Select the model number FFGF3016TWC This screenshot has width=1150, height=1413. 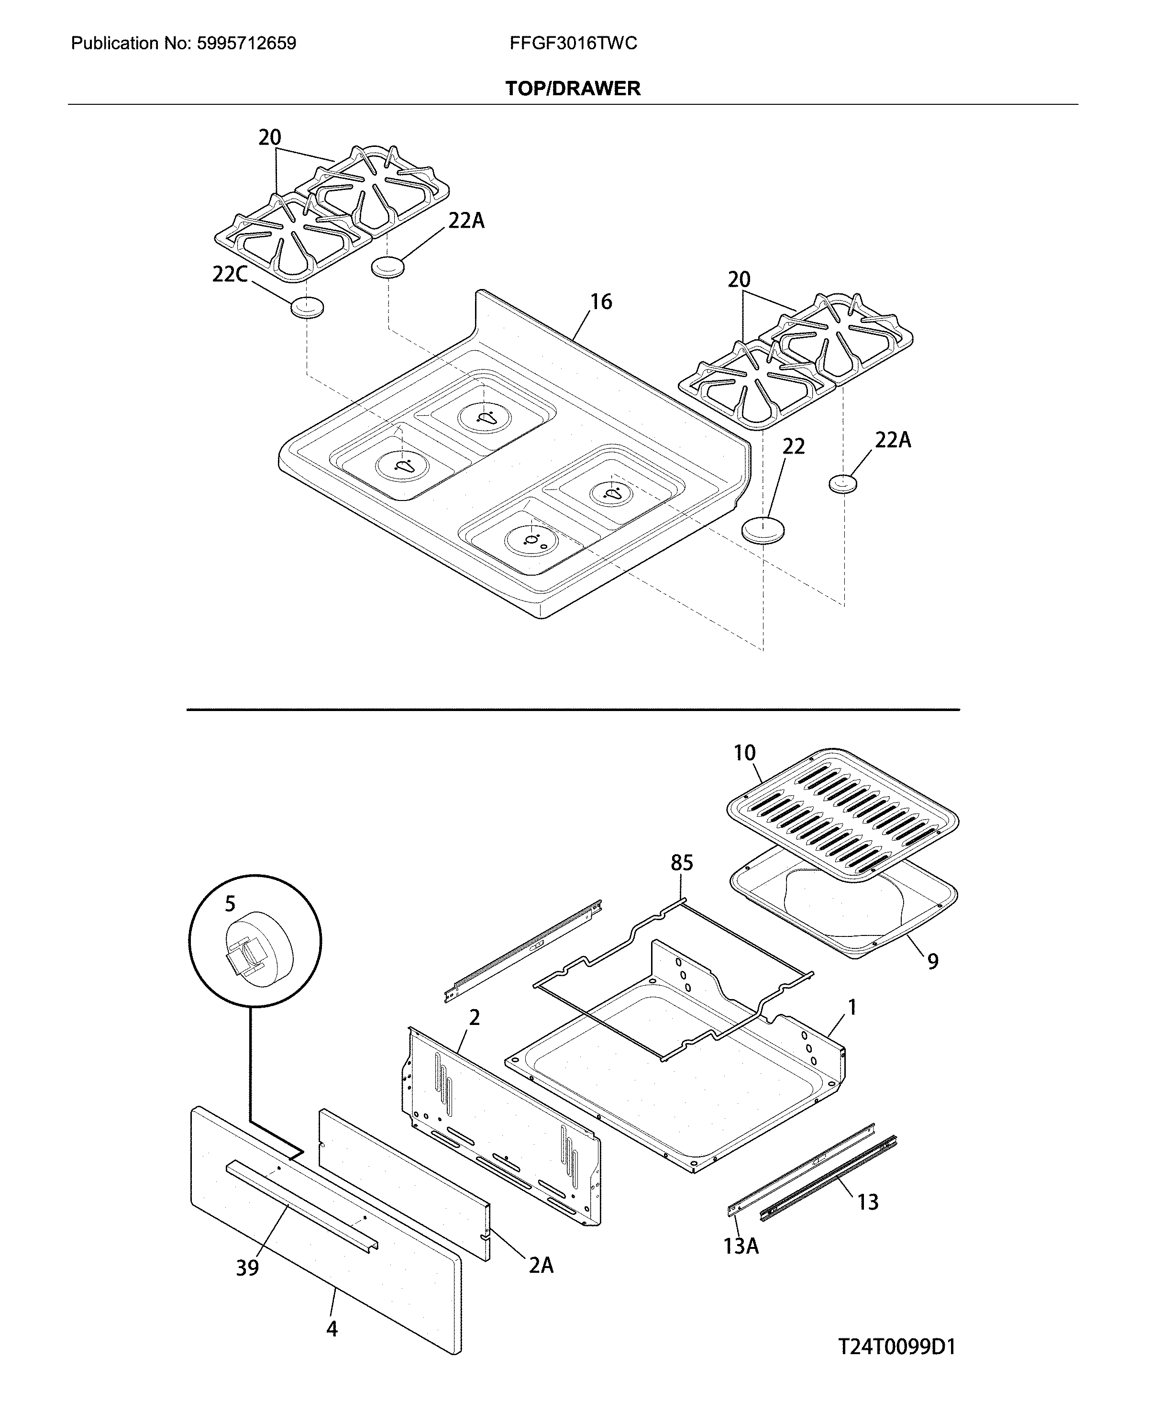[573, 44]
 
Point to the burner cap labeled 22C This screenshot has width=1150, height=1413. [308, 308]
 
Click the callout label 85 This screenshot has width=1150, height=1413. [681, 863]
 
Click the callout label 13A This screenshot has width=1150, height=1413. [741, 1246]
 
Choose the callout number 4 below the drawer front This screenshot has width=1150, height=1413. [332, 1329]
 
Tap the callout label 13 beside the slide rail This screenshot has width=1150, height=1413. [867, 1202]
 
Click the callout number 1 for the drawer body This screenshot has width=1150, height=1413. [852, 1008]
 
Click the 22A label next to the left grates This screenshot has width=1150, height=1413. [466, 221]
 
